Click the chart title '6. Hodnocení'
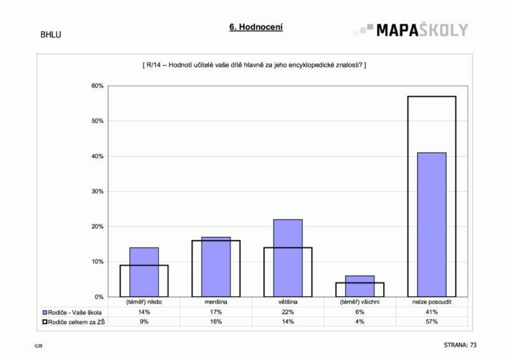tap(256, 27)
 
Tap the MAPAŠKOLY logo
tap(411, 30)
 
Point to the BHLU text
tap(50, 35)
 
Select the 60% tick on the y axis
tap(98, 86)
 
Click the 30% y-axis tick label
tap(98, 191)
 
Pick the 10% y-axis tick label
tap(98, 262)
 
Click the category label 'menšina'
tap(215, 302)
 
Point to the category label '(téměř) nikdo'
tap(144, 302)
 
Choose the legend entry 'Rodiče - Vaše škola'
tap(71, 312)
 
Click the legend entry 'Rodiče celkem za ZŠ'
tap(71, 322)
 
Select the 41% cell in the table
tap(432, 312)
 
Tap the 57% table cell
tap(432, 322)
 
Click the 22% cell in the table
tap(288, 312)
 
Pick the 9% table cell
tap(144, 322)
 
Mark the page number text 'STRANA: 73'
tap(460, 345)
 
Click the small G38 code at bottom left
tap(38, 346)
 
